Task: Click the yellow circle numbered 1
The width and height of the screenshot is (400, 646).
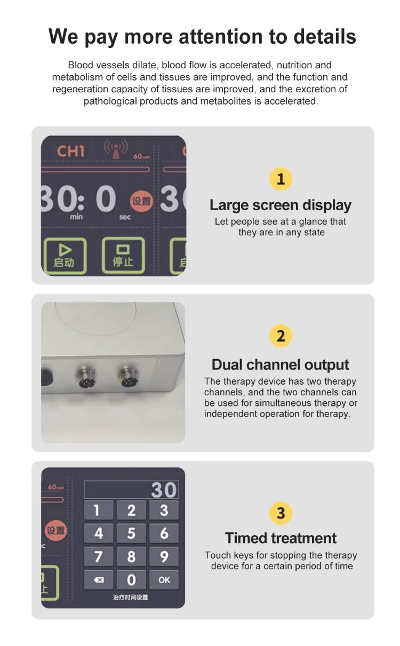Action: coord(281,179)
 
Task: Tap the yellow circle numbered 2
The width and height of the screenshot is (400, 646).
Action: coord(281,336)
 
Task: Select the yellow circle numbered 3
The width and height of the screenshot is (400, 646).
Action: coord(281,513)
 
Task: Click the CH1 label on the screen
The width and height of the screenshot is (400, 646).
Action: coord(70,151)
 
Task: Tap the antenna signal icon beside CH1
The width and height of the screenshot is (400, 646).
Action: coord(116,148)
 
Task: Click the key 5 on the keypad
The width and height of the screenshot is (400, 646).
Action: coord(131,533)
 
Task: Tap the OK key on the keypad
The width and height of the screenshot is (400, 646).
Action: coord(164,579)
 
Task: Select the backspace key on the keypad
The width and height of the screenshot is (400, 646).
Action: coord(98,579)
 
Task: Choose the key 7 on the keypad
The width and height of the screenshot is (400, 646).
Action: coord(98,556)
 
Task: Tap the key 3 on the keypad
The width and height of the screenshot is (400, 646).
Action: coord(164,510)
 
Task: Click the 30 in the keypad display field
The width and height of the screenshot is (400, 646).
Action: coord(164,490)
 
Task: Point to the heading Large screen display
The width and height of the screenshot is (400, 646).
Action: coord(281,205)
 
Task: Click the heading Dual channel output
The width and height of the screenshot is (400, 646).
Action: coord(281,364)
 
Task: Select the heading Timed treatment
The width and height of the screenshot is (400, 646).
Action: coord(281,538)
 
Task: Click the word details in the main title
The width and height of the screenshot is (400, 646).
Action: coord(324,36)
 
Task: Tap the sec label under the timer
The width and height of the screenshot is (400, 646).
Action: coord(125,217)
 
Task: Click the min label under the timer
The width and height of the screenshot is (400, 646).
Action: coord(76,217)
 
